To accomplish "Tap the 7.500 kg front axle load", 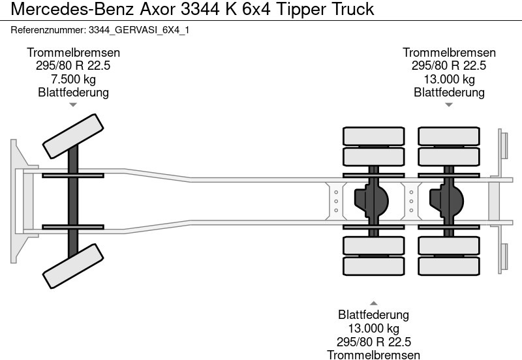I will [x=73, y=80].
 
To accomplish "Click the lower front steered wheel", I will [x=73, y=266].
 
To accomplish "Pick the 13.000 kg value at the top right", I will [x=449, y=80].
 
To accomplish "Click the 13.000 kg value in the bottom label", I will [x=373, y=328].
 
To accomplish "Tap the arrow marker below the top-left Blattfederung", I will [x=73, y=104].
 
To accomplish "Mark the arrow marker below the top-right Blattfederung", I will [x=449, y=104].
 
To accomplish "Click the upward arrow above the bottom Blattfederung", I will [x=373, y=303].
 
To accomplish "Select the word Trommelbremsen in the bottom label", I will [x=373, y=354].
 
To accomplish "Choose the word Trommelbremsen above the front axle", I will [x=73, y=53].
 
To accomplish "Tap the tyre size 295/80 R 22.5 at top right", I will [x=449, y=66].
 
